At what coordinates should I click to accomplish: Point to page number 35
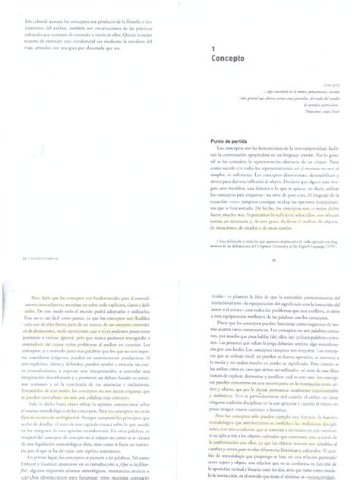273,235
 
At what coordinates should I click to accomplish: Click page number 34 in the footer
17,235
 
